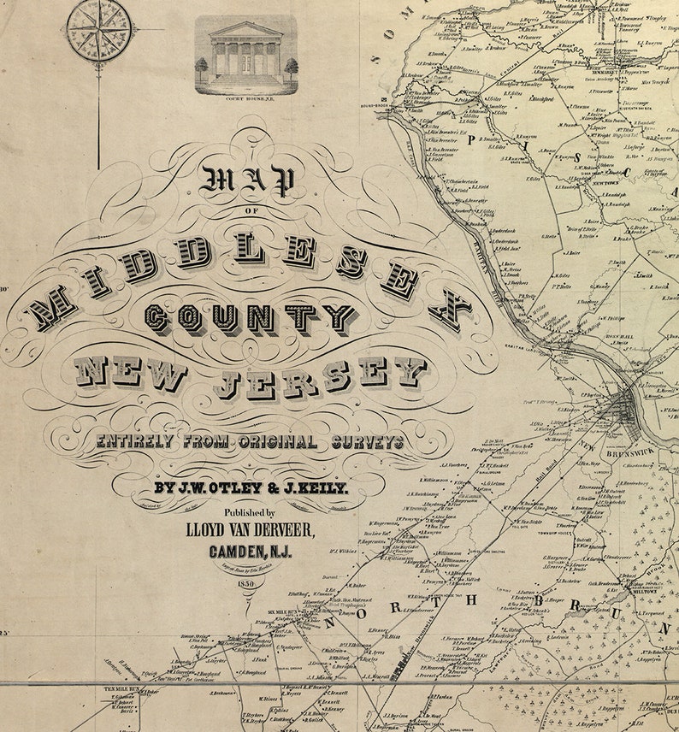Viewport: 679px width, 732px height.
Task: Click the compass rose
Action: pyautogui.click(x=98, y=30)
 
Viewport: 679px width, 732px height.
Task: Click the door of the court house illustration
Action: pyautogui.click(x=246, y=63)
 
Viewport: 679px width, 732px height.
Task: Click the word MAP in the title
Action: pyautogui.click(x=248, y=180)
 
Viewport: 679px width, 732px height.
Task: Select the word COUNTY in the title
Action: pyautogui.click(x=250, y=318)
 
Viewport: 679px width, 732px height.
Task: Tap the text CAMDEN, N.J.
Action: pyautogui.click(x=250, y=552)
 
